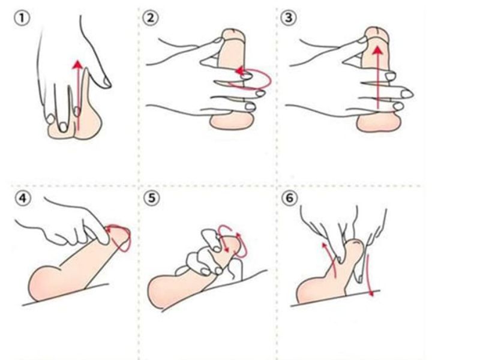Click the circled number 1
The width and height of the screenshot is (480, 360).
[x=22, y=18]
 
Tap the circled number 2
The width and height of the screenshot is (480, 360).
[x=151, y=18]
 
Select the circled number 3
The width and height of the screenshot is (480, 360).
[x=289, y=18]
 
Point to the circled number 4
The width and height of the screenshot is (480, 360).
[x=23, y=199]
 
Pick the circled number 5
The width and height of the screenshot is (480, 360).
[x=152, y=198]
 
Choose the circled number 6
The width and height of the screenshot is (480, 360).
[x=289, y=198]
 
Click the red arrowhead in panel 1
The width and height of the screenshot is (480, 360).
[x=78, y=64]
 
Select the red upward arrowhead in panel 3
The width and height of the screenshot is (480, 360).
[x=379, y=50]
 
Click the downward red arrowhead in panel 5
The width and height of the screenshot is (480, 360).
[x=227, y=250]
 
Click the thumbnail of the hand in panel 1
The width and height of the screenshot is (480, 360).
[x=107, y=82]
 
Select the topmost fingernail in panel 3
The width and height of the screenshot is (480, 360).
[x=362, y=40]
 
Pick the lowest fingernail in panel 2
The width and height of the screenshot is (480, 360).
[x=250, y=107]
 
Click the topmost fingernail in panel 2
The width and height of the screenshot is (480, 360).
[x=218, y=40]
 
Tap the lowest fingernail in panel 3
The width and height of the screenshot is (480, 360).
[x=398, y=107]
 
